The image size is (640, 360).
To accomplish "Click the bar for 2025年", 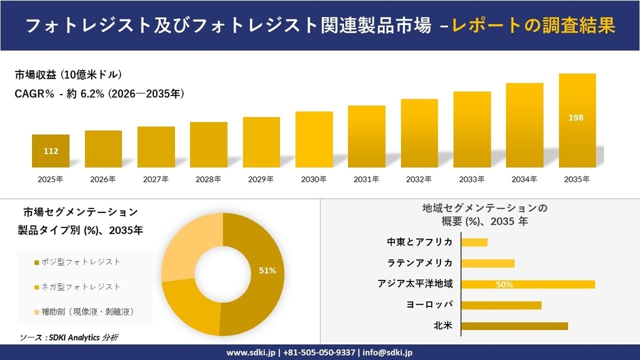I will click(50, 151).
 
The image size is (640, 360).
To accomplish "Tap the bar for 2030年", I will click(314, 140).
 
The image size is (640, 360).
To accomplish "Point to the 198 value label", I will click(576, 118).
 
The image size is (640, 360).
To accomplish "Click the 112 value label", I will click(50, 151).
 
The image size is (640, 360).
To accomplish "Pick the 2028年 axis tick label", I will click(208, 179).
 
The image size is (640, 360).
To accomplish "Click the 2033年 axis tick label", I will click(472, 179).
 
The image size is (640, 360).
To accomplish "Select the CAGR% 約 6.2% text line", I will click(99, 93).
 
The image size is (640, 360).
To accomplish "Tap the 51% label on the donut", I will click(267, 271).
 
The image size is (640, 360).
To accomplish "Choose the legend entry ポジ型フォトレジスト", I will click(80, 262).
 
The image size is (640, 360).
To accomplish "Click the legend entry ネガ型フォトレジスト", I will click(80, 287).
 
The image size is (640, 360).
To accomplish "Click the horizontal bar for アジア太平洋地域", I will click(528, 284).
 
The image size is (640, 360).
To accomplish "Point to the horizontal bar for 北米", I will click(514, 326).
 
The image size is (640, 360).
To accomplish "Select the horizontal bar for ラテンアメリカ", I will click(487, 263).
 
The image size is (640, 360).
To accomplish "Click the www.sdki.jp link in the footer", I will click(250, 353).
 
